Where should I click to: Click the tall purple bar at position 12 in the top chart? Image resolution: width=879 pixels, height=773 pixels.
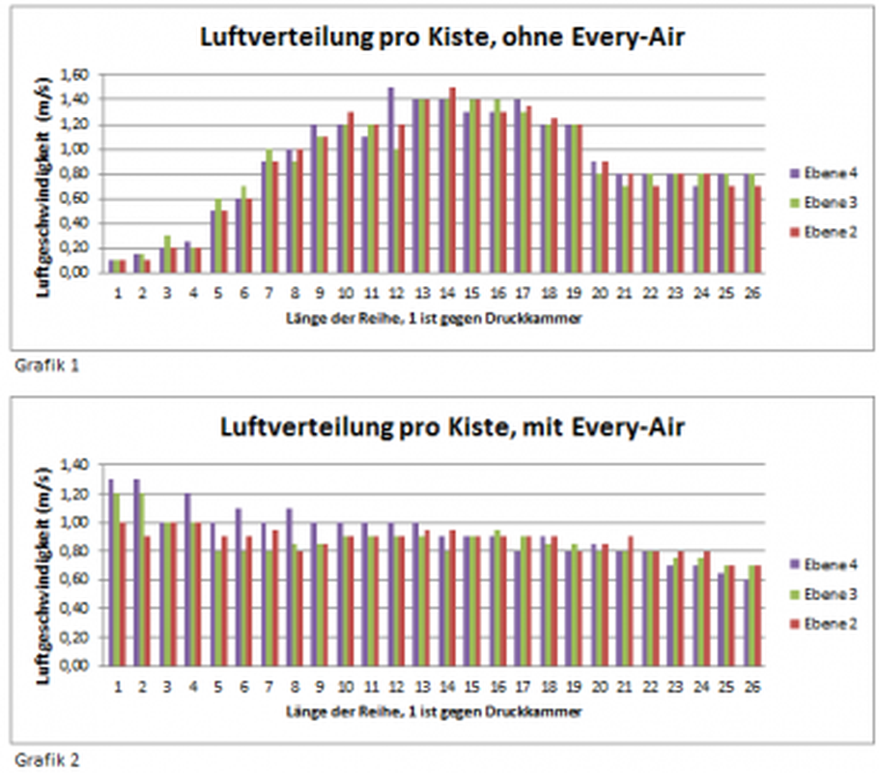tap(390, 180)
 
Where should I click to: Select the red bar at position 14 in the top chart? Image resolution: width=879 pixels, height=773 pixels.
tap(452, 180)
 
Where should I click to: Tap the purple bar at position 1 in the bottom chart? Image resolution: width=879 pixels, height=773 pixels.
tap(110, 572)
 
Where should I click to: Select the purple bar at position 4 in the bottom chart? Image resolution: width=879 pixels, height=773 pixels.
tap(186, 580)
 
